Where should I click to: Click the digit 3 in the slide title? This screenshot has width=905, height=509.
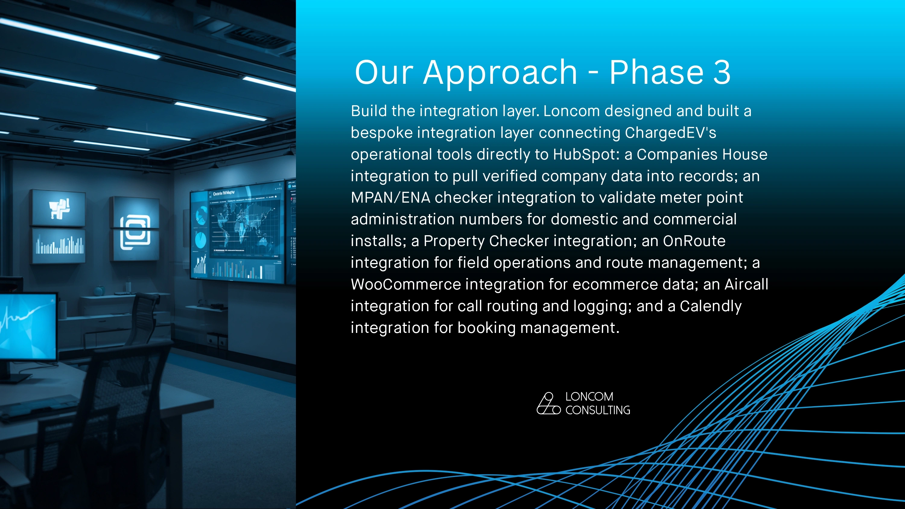pos(722,72)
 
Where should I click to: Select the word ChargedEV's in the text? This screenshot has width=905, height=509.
pos(670,133)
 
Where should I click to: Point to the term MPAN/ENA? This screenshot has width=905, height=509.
pos(390,198)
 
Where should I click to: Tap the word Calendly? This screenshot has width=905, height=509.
pos(710,307)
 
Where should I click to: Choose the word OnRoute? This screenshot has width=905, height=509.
pos(694,241)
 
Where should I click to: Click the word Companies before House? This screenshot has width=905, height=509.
pos(677,155)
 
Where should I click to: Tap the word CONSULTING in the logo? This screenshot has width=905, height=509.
pos(598,410)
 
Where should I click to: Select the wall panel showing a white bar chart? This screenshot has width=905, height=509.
pos(59,245)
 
